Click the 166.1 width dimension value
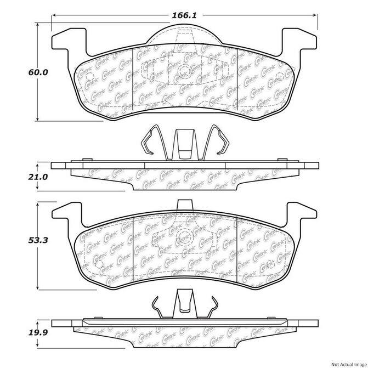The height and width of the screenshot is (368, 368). [184, 15]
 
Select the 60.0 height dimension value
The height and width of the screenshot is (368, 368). [38, 72]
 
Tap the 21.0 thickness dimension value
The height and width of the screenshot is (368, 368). [38, 177]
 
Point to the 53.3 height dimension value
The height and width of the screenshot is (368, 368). [38, 240]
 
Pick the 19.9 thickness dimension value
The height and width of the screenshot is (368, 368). [38, 332]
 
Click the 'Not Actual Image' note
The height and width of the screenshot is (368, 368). [349, 365]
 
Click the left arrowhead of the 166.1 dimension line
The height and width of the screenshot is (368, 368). [54, 15]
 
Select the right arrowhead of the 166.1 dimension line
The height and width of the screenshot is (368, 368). [315, 15]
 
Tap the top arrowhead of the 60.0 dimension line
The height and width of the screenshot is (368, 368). [37, 25]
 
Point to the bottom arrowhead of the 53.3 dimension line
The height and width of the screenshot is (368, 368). [37, 288]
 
